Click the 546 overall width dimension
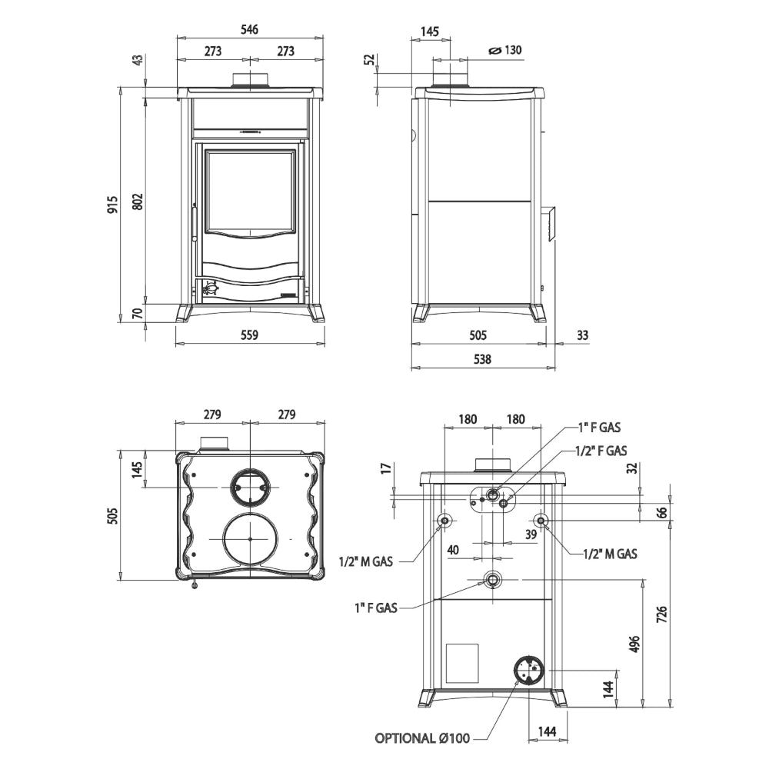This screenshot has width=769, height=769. point(249,29)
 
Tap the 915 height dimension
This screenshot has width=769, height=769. point(112,204)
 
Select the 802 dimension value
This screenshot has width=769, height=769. point(138,201)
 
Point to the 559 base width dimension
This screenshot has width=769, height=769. point(248,335)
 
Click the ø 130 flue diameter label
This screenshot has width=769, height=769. point(505,51)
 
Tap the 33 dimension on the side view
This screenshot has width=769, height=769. point(581,335)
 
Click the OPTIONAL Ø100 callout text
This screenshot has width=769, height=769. point(422,738)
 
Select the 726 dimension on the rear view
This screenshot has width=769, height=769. point(662,613)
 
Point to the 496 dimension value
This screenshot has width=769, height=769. point(634,643)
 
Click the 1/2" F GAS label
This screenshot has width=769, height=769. point(601,451)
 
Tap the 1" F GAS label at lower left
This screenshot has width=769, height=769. point(375,608)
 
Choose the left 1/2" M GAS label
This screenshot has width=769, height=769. point(365,561)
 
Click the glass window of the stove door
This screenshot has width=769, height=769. point(250,189)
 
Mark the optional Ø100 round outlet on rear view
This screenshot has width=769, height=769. point(528,670)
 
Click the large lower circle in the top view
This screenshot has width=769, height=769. point(249,540)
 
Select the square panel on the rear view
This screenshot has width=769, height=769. point(462,663)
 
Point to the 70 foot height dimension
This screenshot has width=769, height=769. point(138,313)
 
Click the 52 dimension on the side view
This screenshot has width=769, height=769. point(368,58)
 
